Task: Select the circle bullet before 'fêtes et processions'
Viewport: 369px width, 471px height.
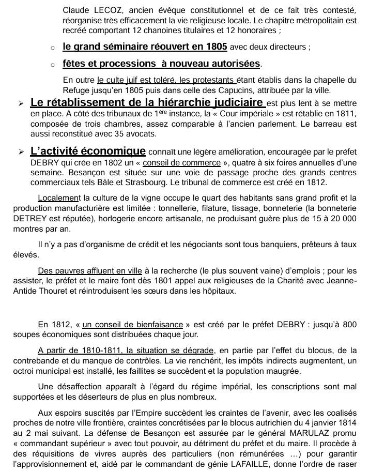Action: click(x=53, y=65)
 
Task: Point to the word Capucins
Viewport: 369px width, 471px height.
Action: click(x=283, y=90)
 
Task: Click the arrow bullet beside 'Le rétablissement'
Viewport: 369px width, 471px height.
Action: click(x=21, y=103)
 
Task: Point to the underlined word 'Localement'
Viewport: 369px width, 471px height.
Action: click(x=59, y=198)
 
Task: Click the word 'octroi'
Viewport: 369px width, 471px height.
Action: click(x=25, y=371)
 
